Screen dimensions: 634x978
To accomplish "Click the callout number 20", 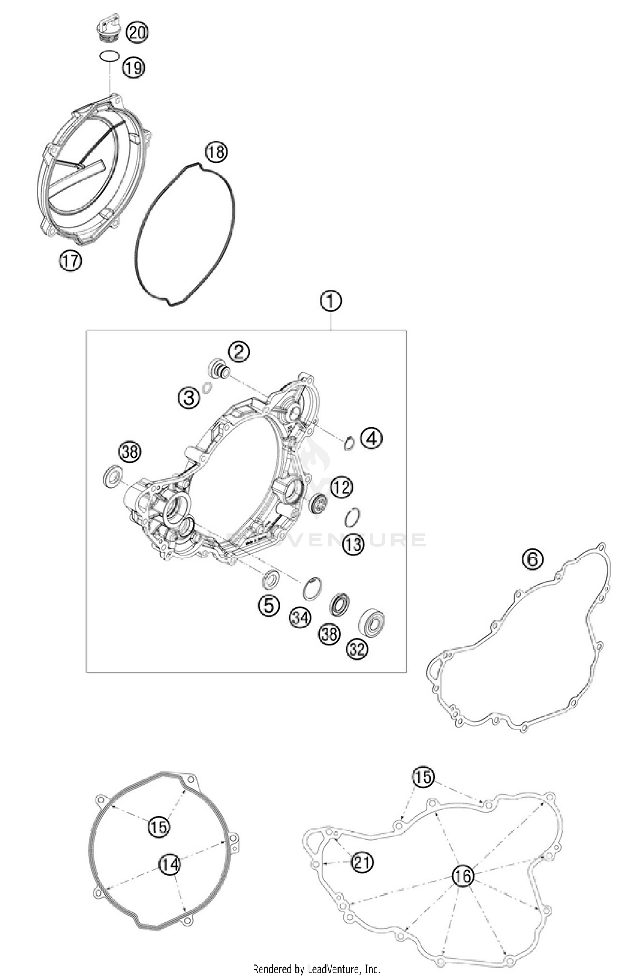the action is point(137,32).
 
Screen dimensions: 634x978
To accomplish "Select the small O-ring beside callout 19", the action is point(109,56).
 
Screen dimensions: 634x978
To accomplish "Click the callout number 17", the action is point(71,261).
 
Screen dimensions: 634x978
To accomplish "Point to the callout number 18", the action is point(216,152).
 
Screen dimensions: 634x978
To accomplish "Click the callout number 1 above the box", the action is point(331,301).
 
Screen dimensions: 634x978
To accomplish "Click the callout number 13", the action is point(353,544).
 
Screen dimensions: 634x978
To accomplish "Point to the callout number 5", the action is point(269,606).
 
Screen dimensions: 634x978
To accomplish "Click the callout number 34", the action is point(300,618).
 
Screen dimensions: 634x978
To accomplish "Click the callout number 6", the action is point(533,559).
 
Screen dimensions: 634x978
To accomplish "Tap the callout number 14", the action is point(169,865).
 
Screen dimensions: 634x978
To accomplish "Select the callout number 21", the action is point(363,863).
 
